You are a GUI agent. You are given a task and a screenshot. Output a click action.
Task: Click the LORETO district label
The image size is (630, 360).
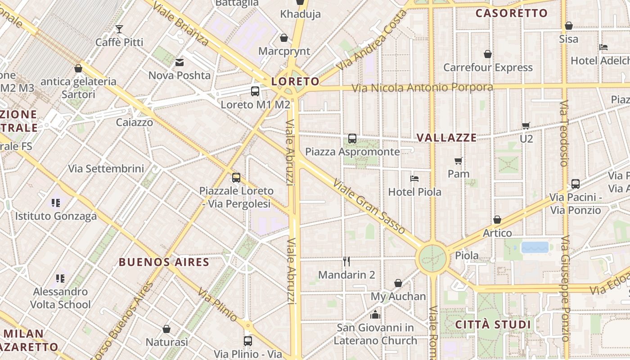295,81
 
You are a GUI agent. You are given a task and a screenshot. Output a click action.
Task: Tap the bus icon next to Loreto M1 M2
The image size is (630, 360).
255,91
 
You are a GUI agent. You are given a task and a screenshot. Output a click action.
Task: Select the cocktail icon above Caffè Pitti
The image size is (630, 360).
119,29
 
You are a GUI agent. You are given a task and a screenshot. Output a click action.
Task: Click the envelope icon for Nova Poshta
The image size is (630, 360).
180,63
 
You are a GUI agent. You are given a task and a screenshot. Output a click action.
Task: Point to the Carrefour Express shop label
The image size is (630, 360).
488,67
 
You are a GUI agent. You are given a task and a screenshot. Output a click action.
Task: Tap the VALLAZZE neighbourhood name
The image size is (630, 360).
446,138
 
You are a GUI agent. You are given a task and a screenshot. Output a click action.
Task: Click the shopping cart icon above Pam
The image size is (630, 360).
459,161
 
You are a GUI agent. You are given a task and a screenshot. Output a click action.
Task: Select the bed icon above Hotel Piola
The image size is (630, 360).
414,179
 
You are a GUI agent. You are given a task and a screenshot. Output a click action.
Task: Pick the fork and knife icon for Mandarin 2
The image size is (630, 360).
346,261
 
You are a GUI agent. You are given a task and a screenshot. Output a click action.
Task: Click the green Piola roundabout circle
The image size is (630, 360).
432,258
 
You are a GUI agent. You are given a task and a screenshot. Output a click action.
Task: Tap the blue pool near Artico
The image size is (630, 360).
535,247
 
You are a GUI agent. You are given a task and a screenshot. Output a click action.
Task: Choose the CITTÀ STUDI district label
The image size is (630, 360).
493,324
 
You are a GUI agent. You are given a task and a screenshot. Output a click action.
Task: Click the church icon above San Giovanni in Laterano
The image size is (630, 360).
375,315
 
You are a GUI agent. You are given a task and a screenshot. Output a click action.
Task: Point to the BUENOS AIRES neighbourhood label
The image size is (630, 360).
164,262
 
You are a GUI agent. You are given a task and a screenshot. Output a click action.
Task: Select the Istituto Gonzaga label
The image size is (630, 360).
56,216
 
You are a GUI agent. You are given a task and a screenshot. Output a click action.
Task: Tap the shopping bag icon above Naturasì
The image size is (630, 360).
166,329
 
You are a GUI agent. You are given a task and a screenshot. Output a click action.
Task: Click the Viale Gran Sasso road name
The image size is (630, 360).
369,207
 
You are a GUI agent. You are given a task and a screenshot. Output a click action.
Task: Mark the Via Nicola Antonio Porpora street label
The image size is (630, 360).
422,87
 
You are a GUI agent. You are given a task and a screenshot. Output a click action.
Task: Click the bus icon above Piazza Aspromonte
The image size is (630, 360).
352,139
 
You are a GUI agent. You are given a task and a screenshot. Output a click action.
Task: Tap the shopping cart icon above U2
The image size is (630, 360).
526,126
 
